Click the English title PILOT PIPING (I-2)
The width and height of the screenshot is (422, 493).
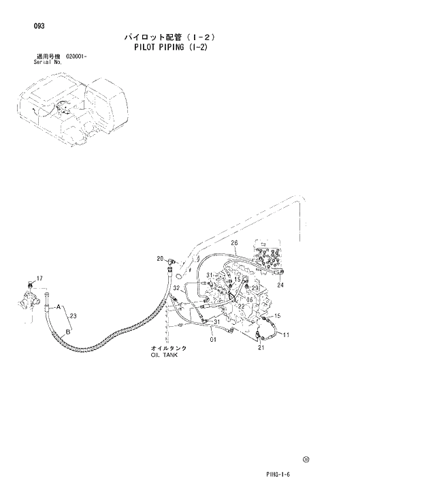[171, 48]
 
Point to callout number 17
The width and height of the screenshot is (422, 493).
[39, 279]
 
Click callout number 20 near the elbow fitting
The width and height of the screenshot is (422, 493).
[161, 258]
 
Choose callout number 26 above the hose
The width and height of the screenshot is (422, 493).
[233, 243]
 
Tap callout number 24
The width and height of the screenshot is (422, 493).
[280, 285]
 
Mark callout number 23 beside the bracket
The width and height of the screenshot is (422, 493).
[74, 315]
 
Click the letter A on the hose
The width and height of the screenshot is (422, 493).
[59, 306]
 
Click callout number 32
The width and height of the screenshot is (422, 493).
[176, 288]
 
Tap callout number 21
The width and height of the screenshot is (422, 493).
[261, 348]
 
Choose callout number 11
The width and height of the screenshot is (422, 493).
[287, 334]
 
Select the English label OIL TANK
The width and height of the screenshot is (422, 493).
[164, 355]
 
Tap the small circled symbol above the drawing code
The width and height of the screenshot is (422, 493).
[306, 460]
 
